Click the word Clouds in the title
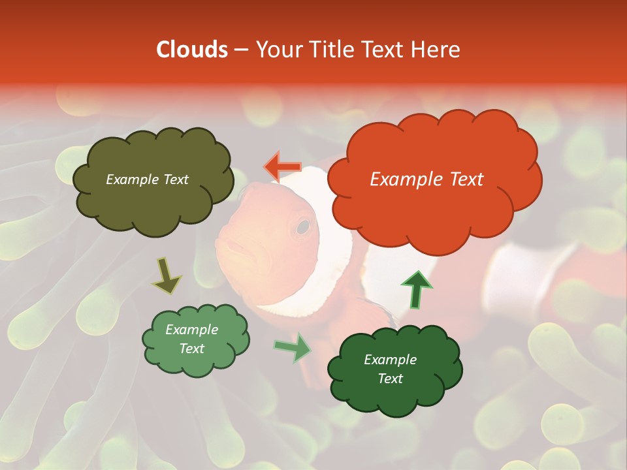pos(192,50)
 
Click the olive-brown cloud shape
pos(152,181)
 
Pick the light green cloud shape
pos(195,339)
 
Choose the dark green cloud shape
pos(394,369)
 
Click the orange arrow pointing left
pos(282,167)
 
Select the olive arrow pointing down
pos(167,275)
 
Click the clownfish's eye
pos(302,227)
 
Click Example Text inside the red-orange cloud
pos(426,180)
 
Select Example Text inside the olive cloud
pos(147,180)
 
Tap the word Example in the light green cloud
pos(191,330)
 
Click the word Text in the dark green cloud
pos(390,379)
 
